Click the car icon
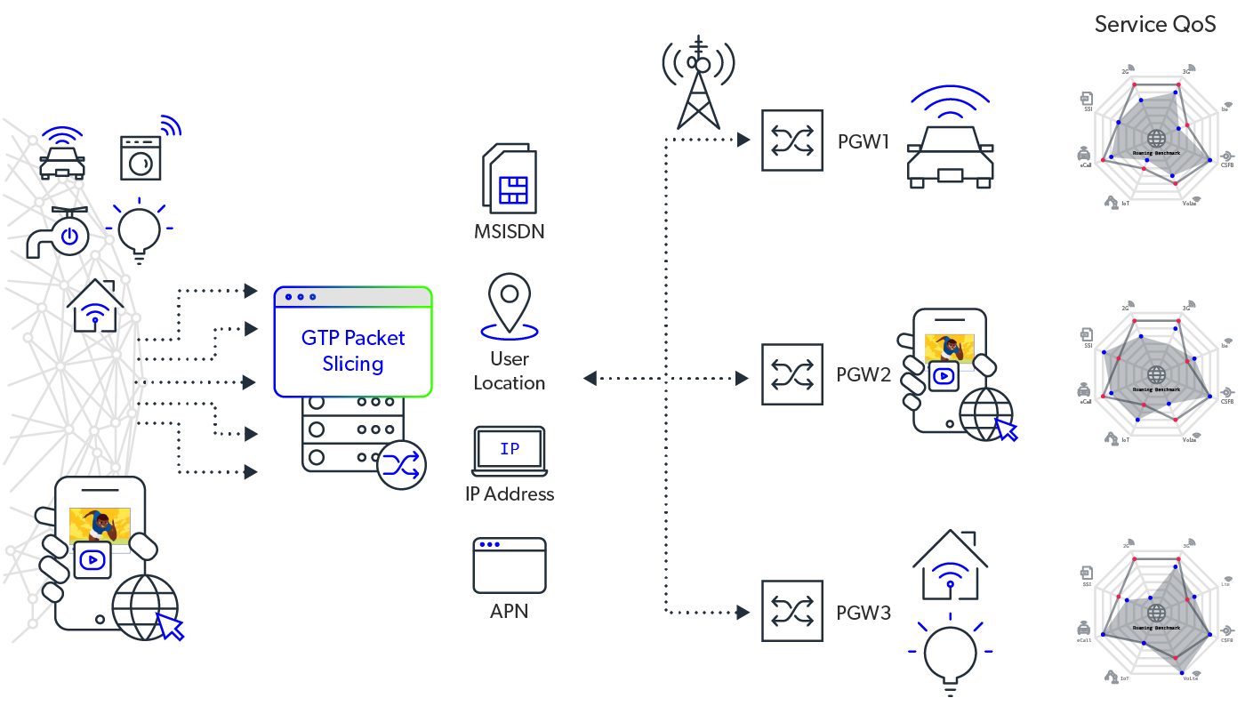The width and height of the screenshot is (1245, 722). [x=62, y=164]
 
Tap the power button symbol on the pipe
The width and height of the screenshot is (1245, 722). [x=71, y=236]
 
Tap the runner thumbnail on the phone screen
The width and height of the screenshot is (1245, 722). [x=100, y=525]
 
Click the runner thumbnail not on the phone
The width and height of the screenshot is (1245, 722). [x=949, y=349]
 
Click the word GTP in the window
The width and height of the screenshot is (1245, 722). [x=320, y=338]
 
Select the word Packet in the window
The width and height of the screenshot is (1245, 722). [x=374, y=338]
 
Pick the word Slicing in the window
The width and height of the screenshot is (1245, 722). [x=353, y=364]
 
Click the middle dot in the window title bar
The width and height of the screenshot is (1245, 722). [x=301, y=297]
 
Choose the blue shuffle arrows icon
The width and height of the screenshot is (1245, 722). [x=401, y=465]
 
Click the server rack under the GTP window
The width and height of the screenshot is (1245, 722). [x=352, y=432]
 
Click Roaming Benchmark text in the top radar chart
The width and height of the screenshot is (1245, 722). [x=1156, y=153]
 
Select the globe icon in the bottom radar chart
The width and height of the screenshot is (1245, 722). [x=1156, y=613]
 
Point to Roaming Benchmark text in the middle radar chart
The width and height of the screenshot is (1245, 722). [x=1156, y=389]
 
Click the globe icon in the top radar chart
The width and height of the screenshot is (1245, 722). [x=1156, y=138]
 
